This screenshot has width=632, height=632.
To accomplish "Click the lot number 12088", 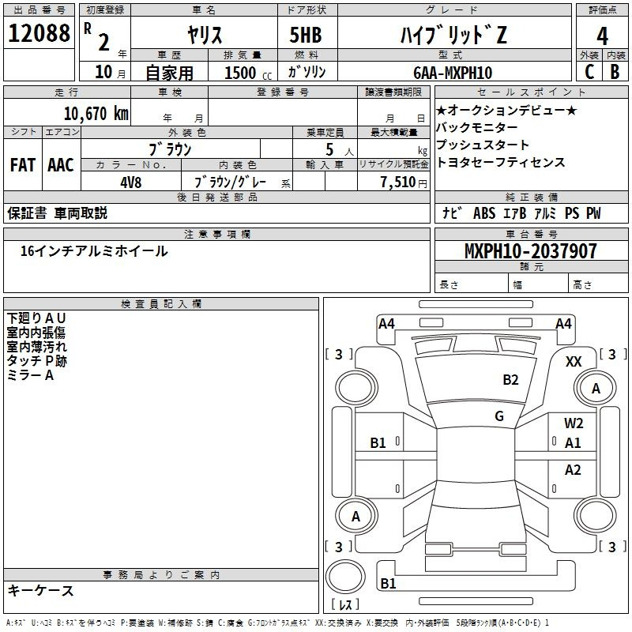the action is (39, 33).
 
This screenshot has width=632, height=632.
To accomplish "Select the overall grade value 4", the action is (602, 36).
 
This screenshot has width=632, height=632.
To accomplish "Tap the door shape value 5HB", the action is (306, 35).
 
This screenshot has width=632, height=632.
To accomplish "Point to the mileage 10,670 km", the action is (96, 113).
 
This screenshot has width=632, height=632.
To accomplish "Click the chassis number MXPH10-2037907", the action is (530, 251).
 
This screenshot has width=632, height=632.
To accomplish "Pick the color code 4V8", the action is (131, 182).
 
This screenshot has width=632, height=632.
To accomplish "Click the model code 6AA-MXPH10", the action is (453, 73).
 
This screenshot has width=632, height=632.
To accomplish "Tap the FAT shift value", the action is (23, 165).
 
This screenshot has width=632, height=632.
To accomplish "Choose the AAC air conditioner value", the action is (61, 165).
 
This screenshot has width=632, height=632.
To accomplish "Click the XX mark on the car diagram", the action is (574, 362).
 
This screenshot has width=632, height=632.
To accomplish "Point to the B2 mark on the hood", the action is (510, 380).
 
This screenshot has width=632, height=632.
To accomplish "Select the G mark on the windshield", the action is (499, 416).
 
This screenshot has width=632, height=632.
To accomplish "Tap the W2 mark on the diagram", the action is (574, 423).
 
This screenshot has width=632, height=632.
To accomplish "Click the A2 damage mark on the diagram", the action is (573, 470).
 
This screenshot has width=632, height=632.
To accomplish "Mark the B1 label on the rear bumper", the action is (388, 583).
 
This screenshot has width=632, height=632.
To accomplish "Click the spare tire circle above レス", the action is (345, 577).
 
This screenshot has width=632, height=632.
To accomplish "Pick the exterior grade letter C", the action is (589, 72).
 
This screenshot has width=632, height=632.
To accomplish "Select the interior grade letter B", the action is (615, 72).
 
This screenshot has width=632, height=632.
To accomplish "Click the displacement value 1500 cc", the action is (248, 73).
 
